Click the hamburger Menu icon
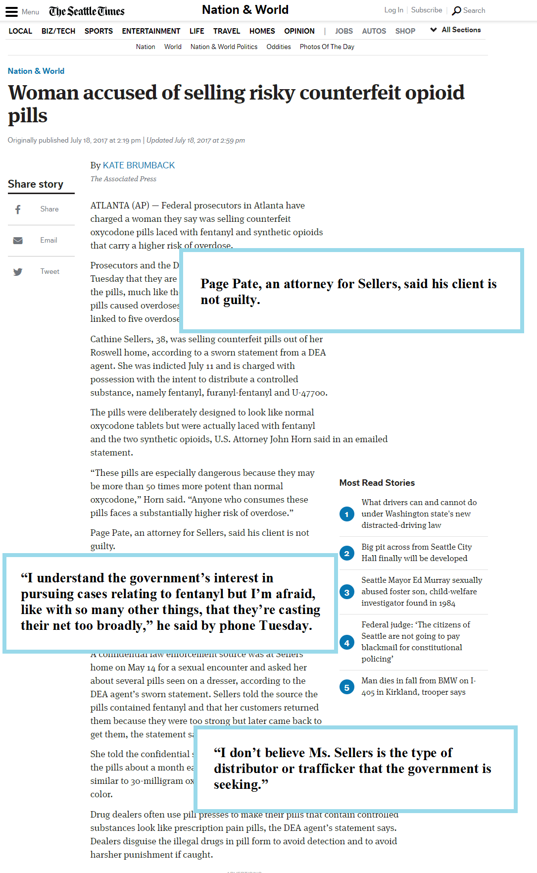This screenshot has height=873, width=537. click(11, 12)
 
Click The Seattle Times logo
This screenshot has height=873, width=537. click(87, 11)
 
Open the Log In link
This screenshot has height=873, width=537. click(393, 10)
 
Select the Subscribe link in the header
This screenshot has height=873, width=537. click(427, 10)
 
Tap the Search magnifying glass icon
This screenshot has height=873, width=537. click(456, 10)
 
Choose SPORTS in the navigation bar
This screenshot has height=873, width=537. click(98, 31)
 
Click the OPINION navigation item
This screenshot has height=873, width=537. click(299, 31)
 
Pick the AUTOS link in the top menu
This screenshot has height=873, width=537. click(374, 31)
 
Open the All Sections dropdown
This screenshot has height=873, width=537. click(456, 30)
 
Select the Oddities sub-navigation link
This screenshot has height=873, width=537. click(279, 47)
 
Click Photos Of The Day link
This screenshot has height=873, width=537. click(327, 47)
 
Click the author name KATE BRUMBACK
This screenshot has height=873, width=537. click(139, 165)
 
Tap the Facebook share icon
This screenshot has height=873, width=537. click(18, 209)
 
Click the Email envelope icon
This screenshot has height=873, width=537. click(18, 241)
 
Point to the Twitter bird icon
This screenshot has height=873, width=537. click(18, 272)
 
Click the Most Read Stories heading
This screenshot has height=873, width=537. click(377, 483)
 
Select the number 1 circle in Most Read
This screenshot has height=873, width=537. click(346, 514)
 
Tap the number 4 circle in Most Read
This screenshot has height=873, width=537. click(346, 643)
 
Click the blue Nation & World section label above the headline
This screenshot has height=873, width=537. click(36, 71)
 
